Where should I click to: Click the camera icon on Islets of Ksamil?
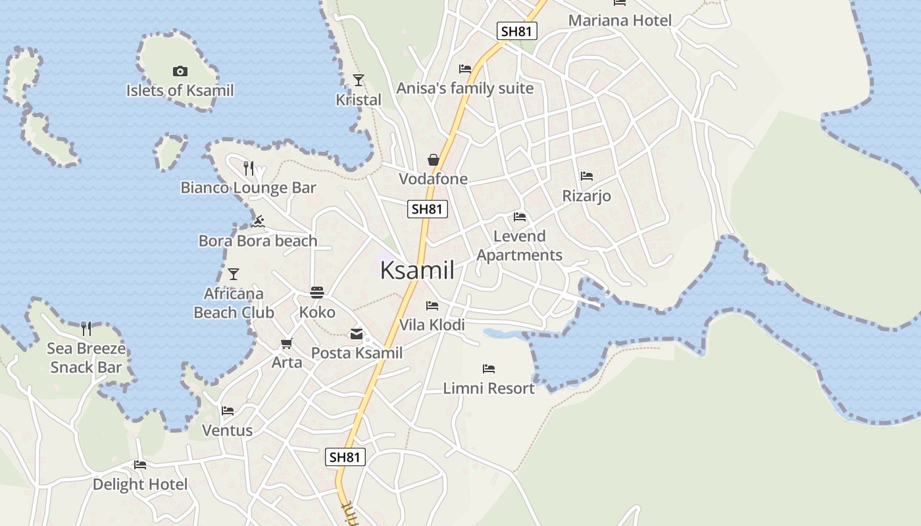pyautogui.click(x=180, y=71)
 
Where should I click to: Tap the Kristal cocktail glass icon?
pyautogui.click(x=359, y=80)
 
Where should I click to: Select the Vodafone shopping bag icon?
pyautogui.click(x=434, y=160)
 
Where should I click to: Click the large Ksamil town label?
pyautogui.click(x=417, y=270)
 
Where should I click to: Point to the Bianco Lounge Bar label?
pyautogui.click(x=249, y=188)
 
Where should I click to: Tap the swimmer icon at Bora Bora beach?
pyautogui.click(x=258, y=222)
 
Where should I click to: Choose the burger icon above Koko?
pyautogui.click(x=317, y=293)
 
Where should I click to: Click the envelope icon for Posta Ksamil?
pyautogui.click(x=357, y=334)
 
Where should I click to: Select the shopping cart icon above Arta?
pyautogui.click(x=286, y=343)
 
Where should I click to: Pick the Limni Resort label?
pyautogui.click(x=489, y=389)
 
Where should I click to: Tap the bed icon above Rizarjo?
pyautogui.click(x=587, y=176)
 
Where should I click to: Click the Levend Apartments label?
pyautogui.click(x=520, y=246)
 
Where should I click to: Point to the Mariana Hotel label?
pyautogui.click(x=620, y=20)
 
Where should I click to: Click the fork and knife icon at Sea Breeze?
pyautogui.click(x=86, y=328)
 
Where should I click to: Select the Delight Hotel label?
pyautogui.click(x=140, y=485)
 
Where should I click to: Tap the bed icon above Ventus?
pyautogui.click(x=228, y=411)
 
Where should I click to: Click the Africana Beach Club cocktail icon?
pyautogui.click(x=234, y=274)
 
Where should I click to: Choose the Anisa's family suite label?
pyautogui.click(x=465, y=88)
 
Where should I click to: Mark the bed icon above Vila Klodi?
pyautogui.click(x=432, y=306)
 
